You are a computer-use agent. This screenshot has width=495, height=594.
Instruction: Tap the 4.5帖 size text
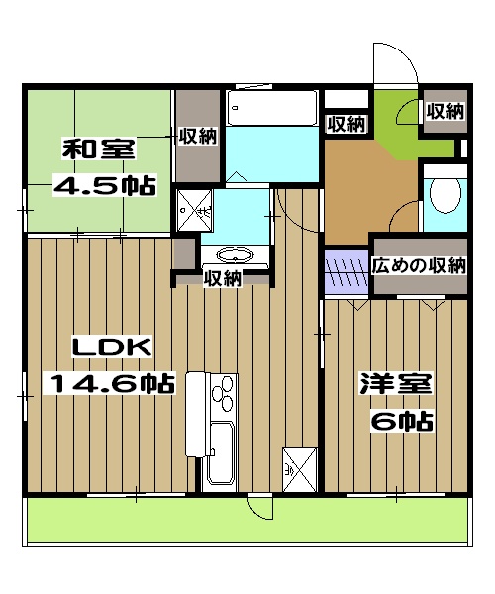tap(103, 185)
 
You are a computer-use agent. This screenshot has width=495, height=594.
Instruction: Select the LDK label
tap(109, 348)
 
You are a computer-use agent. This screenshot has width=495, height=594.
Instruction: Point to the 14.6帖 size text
tap(109, 383)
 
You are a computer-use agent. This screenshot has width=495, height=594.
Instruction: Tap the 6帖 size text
tap(401, 421)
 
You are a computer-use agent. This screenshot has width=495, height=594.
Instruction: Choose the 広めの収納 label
tap(419, 265)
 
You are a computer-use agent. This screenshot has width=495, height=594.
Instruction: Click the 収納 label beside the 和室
tap(198, 136)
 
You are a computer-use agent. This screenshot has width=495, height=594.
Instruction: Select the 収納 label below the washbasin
tap(223, 279)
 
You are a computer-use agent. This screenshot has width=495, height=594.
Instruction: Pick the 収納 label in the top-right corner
tap(445, 112)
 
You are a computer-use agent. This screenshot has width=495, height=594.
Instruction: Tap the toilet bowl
tap(445, 195)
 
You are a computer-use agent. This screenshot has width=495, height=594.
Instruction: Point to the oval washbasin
tap(238, 254)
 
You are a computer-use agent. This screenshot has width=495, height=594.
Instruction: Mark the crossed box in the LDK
tap(297, 468)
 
